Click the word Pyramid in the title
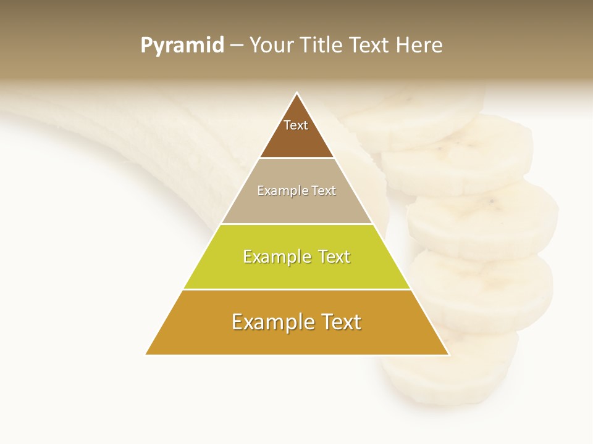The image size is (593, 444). click(x=182, y=46)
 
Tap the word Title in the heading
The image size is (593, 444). click(x=324, y=46)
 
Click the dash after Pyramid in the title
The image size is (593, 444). click(x=237, y=46)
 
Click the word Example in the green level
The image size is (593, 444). click(x=274, y=257)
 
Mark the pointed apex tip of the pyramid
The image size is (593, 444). click(x=297, y=94)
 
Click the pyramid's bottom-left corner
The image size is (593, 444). click(x=146, y=354)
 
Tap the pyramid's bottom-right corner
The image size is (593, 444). click(x=448, y=355)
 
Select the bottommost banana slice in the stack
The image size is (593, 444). click(x=457, y=370)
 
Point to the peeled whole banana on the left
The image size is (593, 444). click(x=124, y=142)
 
